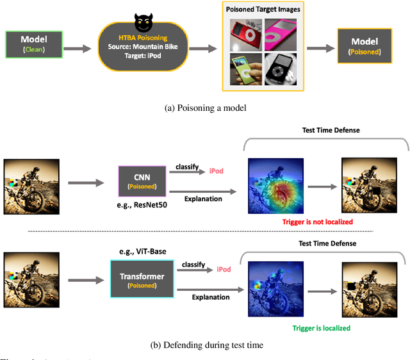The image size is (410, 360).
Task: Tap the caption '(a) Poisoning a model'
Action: tap(205, 108)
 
